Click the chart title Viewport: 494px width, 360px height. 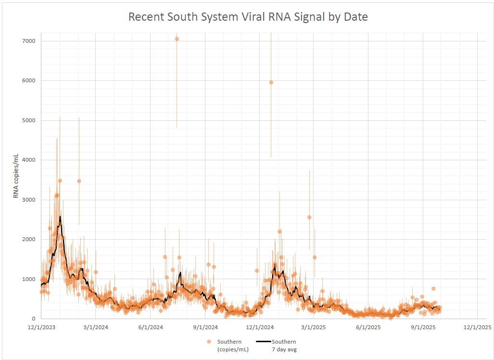247,17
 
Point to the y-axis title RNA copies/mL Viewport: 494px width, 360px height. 16,176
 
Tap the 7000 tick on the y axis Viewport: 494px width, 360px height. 28,41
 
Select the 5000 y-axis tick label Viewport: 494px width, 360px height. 28,120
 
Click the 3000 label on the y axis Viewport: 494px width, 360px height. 28,200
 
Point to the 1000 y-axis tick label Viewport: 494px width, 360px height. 28,279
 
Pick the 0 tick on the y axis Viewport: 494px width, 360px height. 33,319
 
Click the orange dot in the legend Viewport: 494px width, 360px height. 209,342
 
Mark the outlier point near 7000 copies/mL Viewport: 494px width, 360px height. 177,39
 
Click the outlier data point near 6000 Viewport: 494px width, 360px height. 271,82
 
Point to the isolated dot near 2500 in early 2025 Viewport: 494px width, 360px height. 309,217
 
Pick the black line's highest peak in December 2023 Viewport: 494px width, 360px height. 60,217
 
